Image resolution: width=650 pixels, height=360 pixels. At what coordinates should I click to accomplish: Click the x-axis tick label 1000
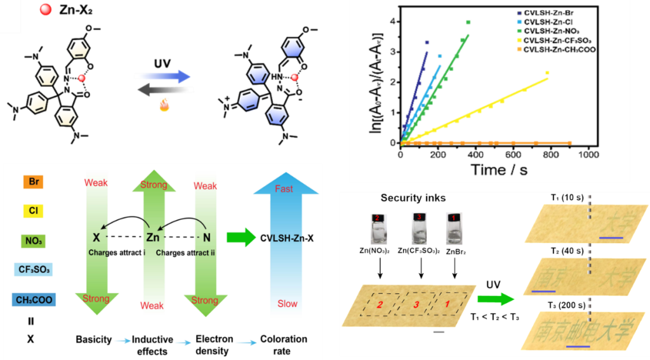(588, 154)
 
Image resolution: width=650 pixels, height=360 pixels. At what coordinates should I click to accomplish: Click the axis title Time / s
(499, 170)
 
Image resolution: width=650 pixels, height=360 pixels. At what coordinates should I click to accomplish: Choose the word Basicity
(94, 339)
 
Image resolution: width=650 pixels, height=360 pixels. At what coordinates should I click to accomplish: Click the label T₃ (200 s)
(568, 305)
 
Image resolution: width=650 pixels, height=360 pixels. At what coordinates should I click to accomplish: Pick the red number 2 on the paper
(380, 305)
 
